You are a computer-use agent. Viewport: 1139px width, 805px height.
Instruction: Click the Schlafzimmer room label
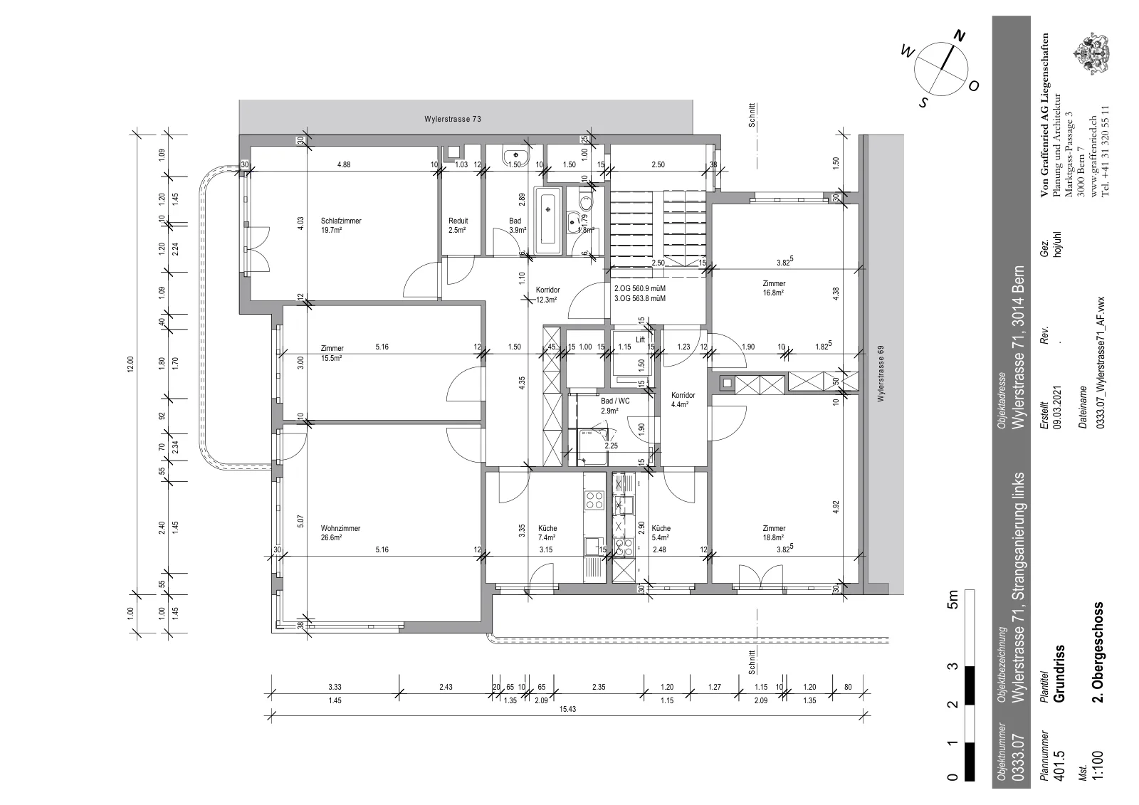pos(341,221)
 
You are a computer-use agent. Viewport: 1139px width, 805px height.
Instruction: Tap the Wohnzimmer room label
pos(340,528)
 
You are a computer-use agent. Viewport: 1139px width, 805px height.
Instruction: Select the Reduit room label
pos(458,221)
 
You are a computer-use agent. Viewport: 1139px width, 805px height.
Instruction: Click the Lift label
pos(640,340)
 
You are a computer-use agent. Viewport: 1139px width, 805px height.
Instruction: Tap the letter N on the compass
pos(959,36)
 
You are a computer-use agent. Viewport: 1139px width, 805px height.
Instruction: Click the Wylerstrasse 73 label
pos(453,119)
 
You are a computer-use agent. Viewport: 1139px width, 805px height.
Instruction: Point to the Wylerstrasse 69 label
pos(881,374)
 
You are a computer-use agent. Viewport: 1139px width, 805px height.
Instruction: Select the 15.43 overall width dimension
pos(567,709)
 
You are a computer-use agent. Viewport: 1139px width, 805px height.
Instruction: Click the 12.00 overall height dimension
pos(130,364)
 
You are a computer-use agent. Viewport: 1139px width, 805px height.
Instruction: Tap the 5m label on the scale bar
pos(953,599)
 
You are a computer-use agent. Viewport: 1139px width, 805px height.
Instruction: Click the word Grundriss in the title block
pos(1059,674)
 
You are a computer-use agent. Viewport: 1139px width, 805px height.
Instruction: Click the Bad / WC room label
pos(615,401)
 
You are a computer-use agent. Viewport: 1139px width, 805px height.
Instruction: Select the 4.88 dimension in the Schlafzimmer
pos(344,164)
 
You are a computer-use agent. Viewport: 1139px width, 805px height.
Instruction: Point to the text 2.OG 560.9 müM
pos(640,288)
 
